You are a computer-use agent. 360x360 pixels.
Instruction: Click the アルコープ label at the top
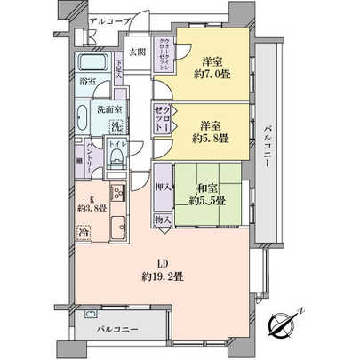[x=111, y=19]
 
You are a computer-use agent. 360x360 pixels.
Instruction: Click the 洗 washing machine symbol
[x=116, y=126]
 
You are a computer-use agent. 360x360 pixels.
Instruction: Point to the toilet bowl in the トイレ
[x=116, y=158]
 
